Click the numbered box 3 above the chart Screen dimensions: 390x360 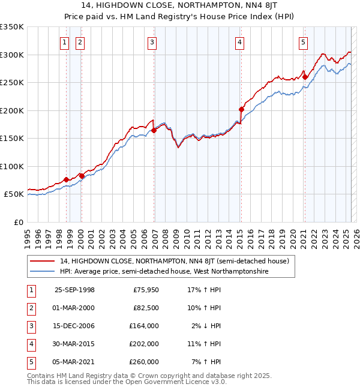pos(152,42)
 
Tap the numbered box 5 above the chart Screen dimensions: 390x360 pos(304,42)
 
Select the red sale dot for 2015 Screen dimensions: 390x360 pos(241,109)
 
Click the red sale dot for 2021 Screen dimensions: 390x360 pos(305,77)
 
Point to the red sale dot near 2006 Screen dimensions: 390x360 pos(154,130)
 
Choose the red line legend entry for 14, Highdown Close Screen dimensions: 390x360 pos(175,261)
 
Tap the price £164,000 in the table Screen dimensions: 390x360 pos(145,326)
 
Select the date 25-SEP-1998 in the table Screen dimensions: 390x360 pos(74,290)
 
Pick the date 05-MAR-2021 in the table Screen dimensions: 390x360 pos(74,362)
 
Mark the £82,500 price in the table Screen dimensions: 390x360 pos(146,308)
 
